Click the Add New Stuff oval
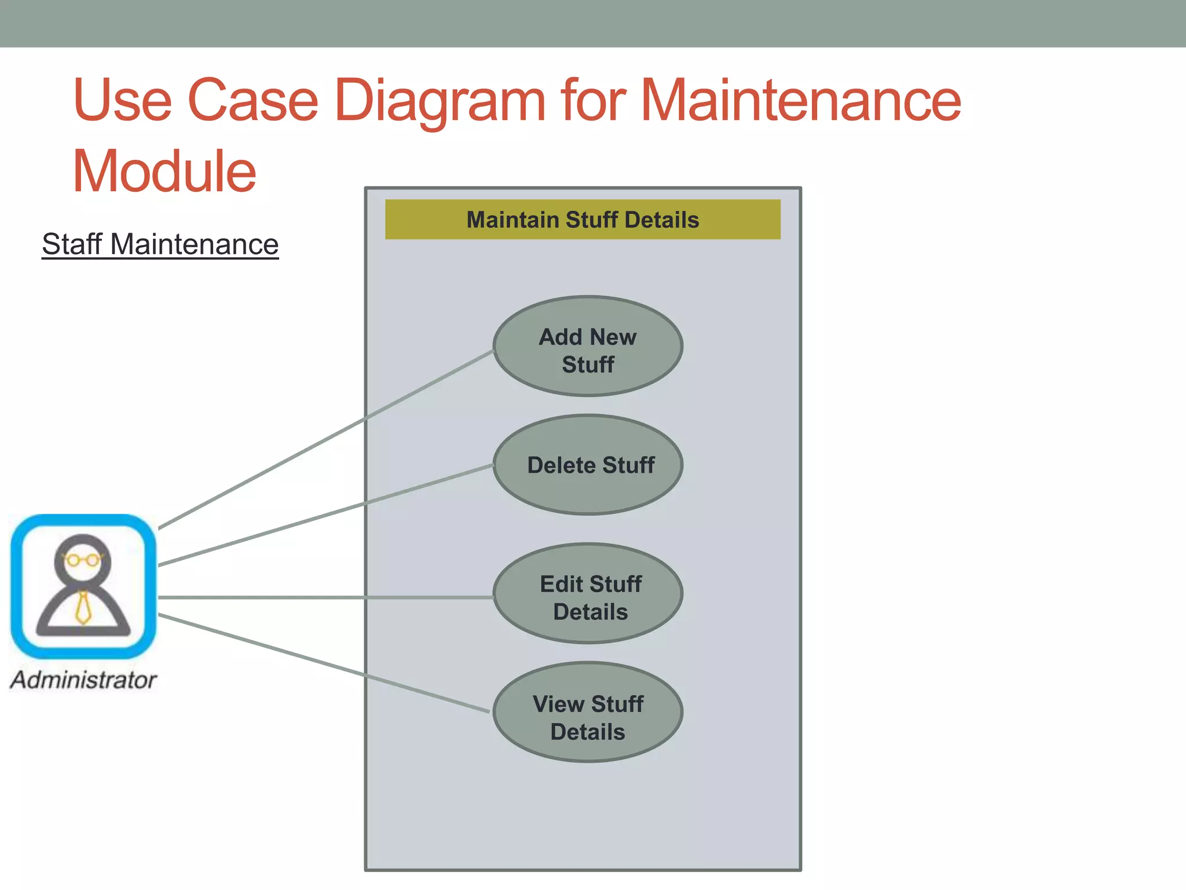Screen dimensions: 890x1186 coord(588,346)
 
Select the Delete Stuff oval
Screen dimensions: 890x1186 coord(588,465)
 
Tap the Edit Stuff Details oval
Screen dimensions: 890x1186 coord(588,593)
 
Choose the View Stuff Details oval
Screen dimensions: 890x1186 coord(588,712)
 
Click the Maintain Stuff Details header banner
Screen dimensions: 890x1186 coord(583,220)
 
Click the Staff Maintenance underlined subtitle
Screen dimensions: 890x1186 coord(160,244)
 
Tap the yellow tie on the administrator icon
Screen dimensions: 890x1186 coord(84,608)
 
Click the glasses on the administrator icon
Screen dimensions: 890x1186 coord(83,560)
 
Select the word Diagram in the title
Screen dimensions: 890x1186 coord(440,101)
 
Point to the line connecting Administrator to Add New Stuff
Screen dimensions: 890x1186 coord(324,439)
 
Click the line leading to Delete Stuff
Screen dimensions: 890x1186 coord(324,516)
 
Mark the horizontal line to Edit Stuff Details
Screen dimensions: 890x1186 coord(324,597)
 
